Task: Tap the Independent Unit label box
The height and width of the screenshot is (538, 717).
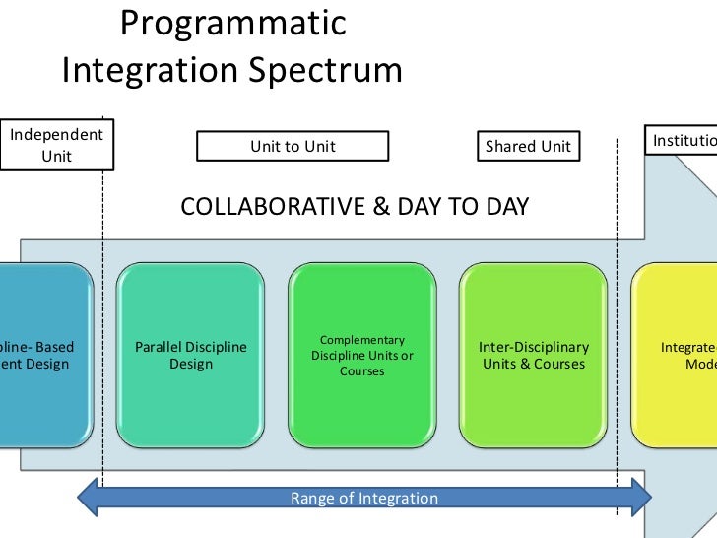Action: [x=56, y=145]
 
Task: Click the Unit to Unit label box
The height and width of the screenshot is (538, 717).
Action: [x=293, y=147]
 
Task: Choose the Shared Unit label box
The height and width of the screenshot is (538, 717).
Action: [x=528, y=147]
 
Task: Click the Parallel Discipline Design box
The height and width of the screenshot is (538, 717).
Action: [x=190, y=355]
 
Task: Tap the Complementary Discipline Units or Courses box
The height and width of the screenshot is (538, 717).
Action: [x=362, y=355]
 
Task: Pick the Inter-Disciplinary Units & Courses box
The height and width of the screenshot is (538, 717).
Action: [x=534, y=355]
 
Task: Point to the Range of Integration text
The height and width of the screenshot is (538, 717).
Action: [x=364, y=498]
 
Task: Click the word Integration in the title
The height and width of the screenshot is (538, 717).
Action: [x=150, y=71]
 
